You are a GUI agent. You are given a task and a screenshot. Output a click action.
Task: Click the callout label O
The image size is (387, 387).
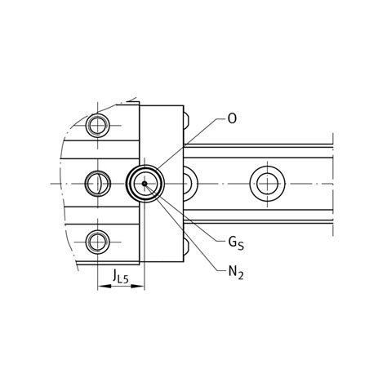232,118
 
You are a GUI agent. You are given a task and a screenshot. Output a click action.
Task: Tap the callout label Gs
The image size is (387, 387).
236,243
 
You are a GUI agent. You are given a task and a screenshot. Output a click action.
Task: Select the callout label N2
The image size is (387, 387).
236,273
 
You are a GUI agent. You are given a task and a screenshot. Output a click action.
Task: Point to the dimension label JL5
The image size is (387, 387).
120,276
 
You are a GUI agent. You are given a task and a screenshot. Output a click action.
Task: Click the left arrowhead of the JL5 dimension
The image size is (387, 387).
105,286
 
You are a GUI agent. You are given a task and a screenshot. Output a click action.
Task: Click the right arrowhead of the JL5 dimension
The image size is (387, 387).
138,286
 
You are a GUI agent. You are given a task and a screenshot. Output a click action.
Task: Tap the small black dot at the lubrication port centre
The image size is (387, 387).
145,184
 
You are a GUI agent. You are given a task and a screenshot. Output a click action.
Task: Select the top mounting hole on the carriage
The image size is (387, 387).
97,126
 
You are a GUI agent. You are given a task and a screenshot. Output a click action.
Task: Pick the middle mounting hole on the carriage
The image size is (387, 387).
98,184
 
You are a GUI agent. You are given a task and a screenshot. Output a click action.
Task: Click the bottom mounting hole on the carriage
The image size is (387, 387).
97,242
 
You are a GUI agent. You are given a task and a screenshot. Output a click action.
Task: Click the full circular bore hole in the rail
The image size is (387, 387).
268,184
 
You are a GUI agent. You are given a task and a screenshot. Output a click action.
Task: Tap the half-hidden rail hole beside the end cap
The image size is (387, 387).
190,184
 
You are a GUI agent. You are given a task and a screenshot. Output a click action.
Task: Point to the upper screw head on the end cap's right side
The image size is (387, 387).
186,120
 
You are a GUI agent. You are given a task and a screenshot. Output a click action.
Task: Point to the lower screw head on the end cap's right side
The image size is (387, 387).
186,247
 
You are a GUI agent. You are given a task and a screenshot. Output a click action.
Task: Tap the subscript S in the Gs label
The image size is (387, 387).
241,247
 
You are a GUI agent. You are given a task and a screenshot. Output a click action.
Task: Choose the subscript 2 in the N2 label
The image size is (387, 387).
240,276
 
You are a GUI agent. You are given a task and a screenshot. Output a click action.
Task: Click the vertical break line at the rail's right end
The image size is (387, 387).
333,185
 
